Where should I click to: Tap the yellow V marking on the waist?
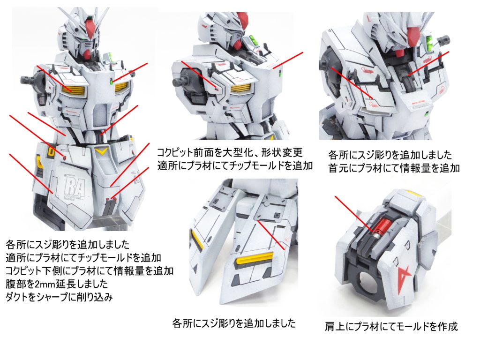coord(101,151)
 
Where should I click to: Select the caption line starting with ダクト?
coord(59,297)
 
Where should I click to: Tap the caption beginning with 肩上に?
coord(391,327)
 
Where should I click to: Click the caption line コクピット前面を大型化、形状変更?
coord(230,152)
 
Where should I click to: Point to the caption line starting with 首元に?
coord(394,168)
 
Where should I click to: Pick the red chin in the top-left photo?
coord(87,54)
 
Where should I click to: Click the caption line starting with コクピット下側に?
coord(90,271)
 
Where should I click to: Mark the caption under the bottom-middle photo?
coord(234,323)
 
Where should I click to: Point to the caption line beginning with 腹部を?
coord(57,284)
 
